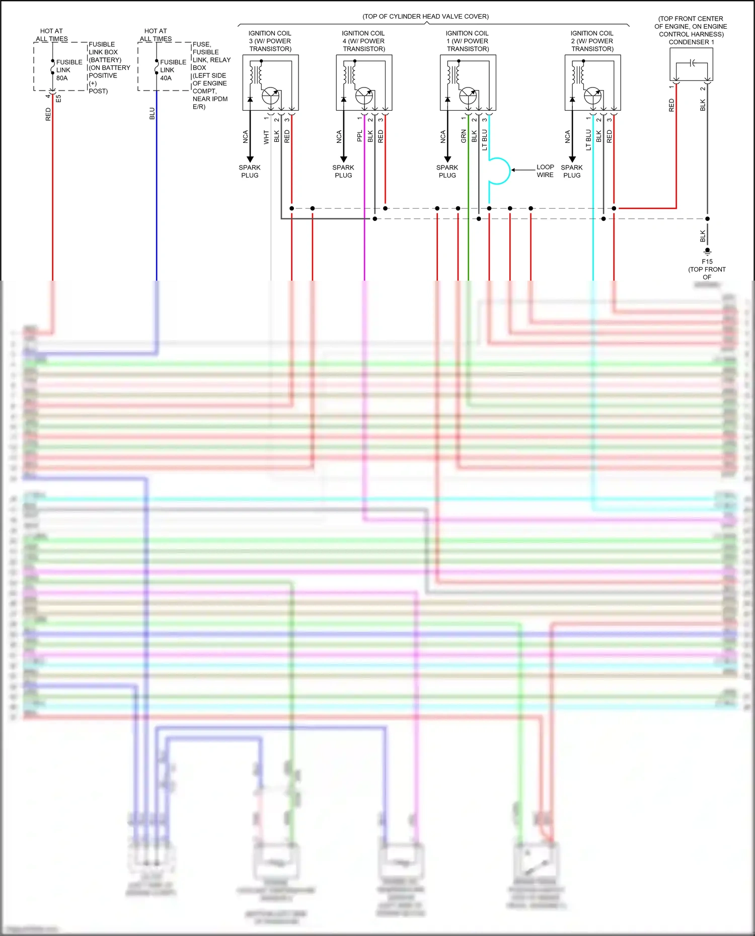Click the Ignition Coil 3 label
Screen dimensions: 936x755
click(270, 41)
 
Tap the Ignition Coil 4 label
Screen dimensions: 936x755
click(363, 41)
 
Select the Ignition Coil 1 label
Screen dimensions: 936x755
click(468, 41)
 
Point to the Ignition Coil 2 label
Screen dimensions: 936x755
click(592, 41)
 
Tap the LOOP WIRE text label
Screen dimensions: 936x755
click(545, 171)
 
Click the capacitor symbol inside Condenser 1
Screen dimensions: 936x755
click(693, 63)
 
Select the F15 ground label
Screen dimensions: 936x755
click(707, 262)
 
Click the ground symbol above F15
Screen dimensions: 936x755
click(707, 251)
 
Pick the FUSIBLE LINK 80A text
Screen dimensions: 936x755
click(69, 70)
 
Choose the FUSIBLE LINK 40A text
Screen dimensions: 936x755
click(173, 70)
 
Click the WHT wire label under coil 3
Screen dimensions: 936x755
click(266, 137)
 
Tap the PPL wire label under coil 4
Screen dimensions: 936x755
click(359, 136)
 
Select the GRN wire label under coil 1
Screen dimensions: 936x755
click(464, 136)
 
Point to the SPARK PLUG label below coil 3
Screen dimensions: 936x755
click(250, 172)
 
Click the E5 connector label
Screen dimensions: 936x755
click(58, 99)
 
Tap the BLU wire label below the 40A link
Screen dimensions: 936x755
click(152, 114)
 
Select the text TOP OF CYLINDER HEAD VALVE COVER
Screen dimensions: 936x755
click(426, 17)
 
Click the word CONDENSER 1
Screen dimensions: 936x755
click(691, 42)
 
